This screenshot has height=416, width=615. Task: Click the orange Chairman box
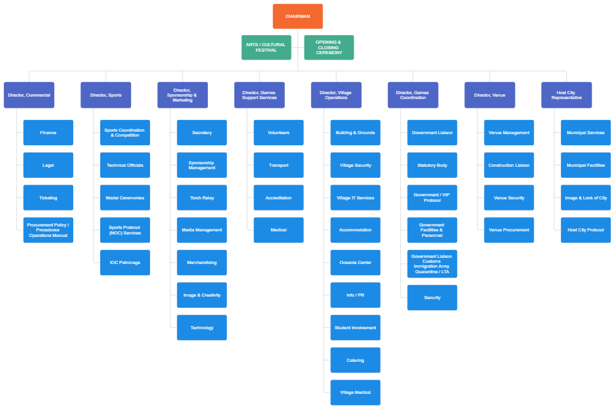coord(298,17)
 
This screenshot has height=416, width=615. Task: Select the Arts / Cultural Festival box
coord(266,47)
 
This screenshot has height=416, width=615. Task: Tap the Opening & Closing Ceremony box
coord(329,47)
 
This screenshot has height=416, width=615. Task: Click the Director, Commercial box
coord(29,95)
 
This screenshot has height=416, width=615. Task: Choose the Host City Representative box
coord(566,95)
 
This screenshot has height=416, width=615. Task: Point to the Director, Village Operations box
coord(336,95)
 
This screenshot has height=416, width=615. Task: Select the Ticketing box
coord(48,198)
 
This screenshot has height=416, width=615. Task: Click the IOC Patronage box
coord(125,263)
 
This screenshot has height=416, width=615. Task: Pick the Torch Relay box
coord(202,198)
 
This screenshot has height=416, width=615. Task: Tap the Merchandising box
coord(202,263)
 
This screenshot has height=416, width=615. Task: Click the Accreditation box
coord(279,198)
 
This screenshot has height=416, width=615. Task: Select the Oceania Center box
coord(355,263)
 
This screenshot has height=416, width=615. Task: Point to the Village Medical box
coord(355,393)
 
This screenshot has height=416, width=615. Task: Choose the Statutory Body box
coord(432,165)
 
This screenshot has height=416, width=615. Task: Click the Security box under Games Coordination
coord(432,298)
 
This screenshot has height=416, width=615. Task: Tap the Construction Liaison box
coord(509,165)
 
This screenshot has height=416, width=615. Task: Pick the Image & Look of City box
coord(586,198)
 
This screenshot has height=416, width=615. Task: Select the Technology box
coord(202,327)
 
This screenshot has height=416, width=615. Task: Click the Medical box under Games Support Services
coord(279,230)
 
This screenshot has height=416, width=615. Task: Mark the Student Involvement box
coord(355,327)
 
